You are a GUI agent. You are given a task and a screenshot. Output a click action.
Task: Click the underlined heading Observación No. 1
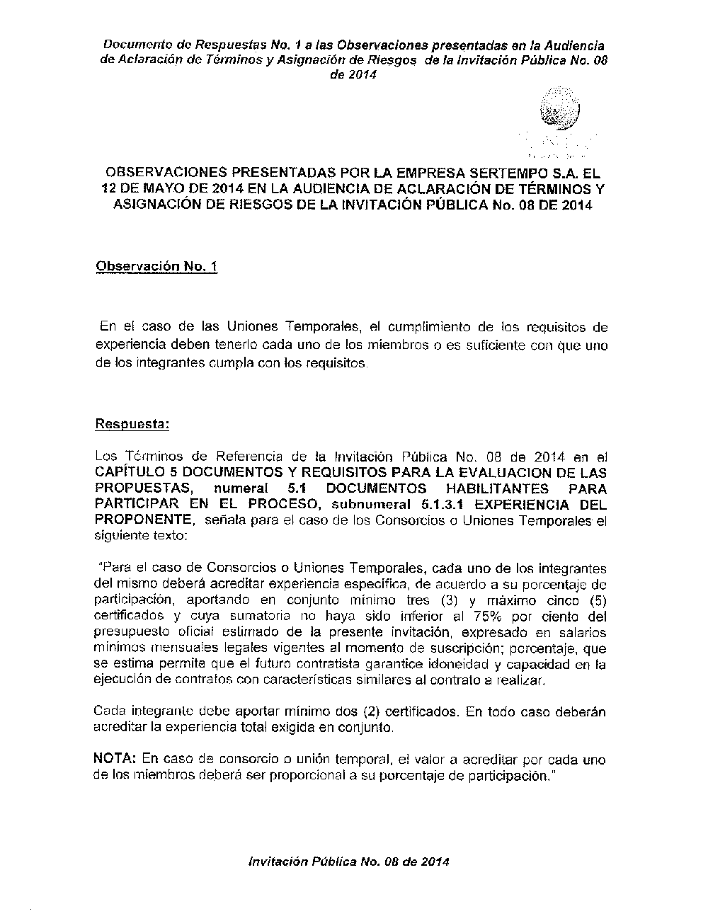[156, 267]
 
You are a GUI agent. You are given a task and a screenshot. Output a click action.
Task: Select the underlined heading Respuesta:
[132, 425]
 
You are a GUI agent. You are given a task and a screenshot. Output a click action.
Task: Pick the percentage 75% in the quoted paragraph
[495, 616]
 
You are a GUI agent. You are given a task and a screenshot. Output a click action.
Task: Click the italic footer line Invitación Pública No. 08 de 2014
[348, 861]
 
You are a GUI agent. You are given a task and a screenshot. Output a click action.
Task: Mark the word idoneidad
[467, 665]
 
